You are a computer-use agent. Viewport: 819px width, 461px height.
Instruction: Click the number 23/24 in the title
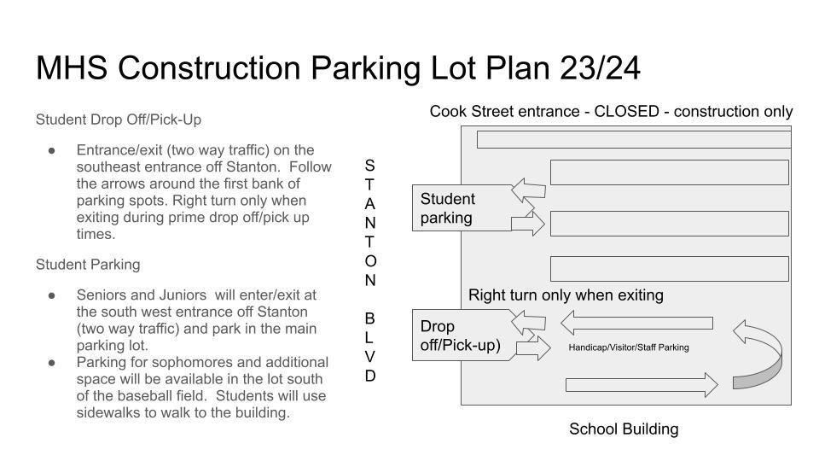600,68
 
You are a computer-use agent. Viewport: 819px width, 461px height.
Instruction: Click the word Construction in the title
210,68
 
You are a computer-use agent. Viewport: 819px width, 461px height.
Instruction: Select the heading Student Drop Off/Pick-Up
119,120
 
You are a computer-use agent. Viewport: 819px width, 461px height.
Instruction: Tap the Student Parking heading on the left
88,265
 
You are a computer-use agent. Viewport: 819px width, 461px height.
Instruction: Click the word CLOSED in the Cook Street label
627,111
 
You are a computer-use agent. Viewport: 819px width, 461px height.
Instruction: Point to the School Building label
624,429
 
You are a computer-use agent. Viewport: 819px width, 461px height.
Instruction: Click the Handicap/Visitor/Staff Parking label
629,347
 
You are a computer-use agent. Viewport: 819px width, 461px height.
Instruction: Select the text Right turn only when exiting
566,295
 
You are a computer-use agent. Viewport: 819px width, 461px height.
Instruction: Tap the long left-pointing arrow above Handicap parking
636,323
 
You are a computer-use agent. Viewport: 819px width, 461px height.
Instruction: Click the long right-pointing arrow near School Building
642,385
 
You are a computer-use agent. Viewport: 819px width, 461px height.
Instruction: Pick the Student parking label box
462,208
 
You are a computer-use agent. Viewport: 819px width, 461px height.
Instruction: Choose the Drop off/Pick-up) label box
462,335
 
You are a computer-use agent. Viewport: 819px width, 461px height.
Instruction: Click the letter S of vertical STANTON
369,166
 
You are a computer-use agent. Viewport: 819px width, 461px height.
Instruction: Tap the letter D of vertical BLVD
369,376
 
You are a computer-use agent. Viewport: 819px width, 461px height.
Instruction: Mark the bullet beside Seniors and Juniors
52,295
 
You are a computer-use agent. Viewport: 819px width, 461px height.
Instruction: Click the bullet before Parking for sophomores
52,362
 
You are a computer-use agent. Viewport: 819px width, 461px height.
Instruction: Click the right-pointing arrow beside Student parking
527,225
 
